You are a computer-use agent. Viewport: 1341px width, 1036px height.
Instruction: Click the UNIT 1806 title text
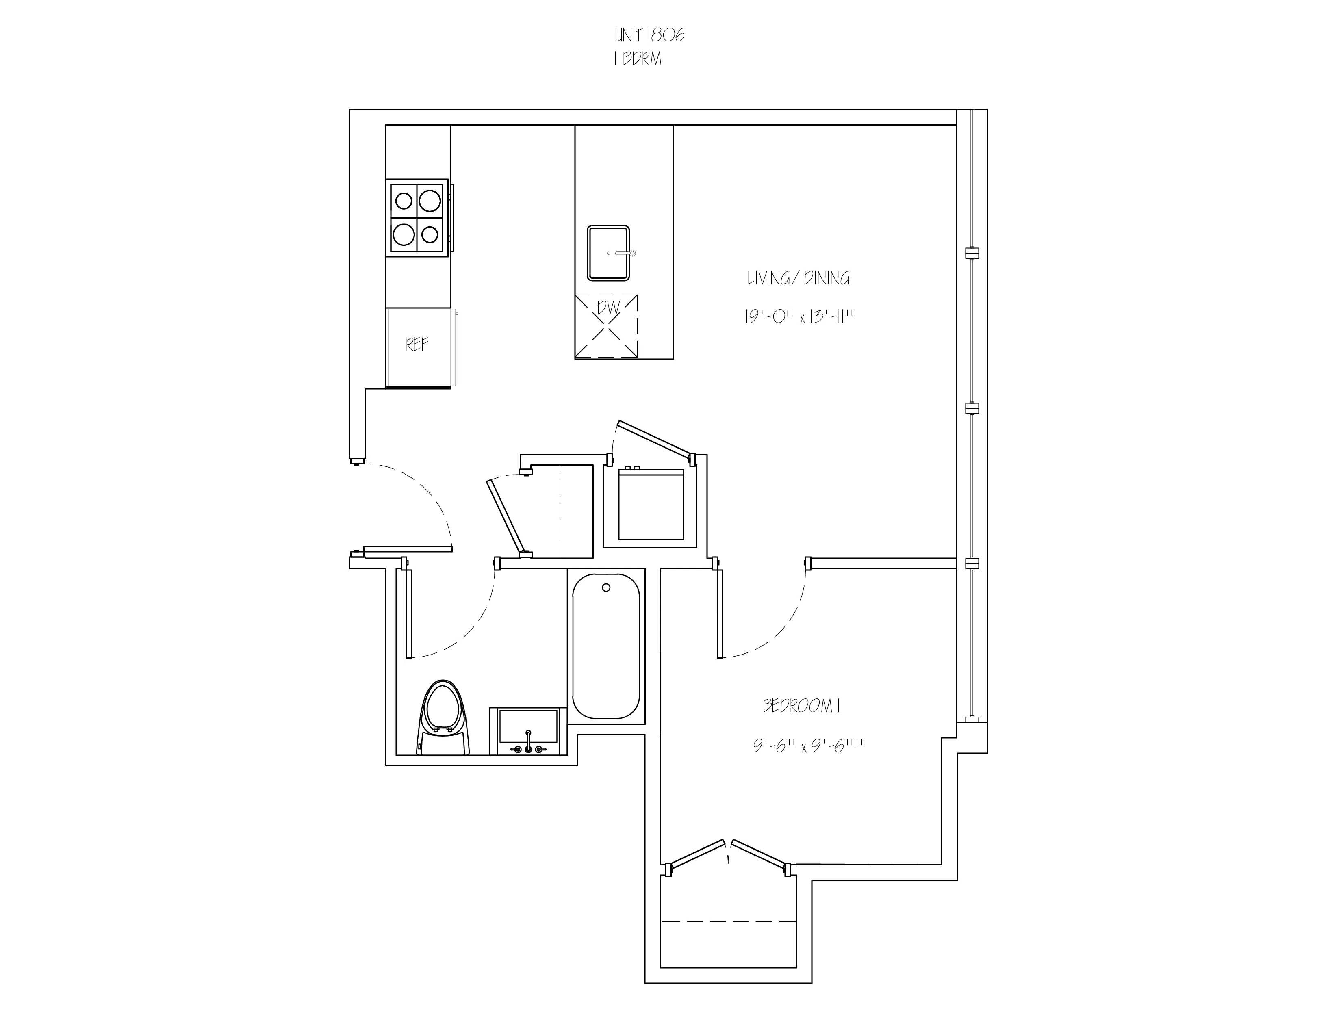coord(649,36)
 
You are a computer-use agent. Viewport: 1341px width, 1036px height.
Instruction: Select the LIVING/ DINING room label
coord(798,279)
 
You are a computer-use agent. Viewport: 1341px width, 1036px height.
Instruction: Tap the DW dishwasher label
coord(608,308)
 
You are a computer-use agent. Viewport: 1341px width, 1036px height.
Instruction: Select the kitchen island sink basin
coord(608,253)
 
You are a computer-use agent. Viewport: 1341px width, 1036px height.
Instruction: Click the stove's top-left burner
coord(404,201)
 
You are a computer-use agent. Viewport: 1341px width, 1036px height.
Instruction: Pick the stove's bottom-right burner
coord(430,234)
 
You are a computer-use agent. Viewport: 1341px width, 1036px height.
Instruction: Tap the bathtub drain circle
coord(606,587)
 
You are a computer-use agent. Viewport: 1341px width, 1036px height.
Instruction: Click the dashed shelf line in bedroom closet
coord(728,922)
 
